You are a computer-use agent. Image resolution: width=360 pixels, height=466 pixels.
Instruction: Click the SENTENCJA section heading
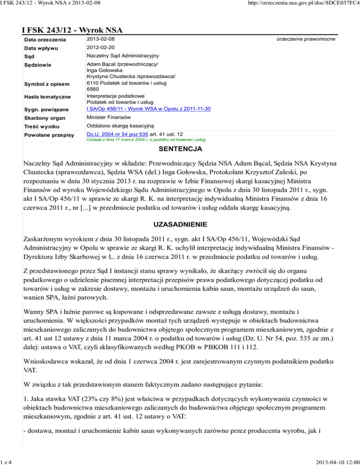(180, 150)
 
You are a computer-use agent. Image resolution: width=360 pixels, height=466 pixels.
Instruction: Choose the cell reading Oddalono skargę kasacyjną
(124, 126)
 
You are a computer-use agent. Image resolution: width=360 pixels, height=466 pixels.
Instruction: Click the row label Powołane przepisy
(49, 135)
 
